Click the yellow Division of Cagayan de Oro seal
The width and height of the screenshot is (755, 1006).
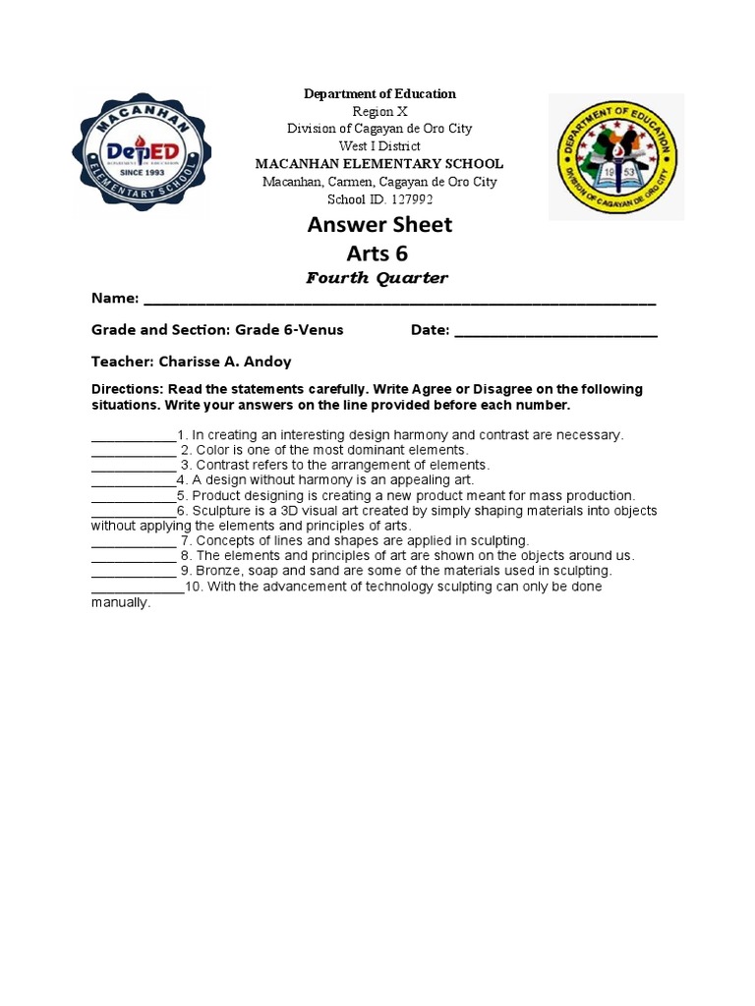pos(615,157)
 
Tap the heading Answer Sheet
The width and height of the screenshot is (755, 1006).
pos(379,224)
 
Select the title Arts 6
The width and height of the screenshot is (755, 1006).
pos(379,254)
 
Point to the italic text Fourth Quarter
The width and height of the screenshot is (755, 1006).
pos(377,278)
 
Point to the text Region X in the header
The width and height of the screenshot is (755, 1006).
pos(378,111)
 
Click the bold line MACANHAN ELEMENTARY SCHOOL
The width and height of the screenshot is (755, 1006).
pos(378,164)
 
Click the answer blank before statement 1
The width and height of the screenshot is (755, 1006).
pos(133,436)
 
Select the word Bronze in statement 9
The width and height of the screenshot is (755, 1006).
pos(209,571)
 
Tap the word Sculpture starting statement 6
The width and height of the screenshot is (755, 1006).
pos(221,511)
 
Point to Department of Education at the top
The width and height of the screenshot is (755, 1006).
pos(378,93)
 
